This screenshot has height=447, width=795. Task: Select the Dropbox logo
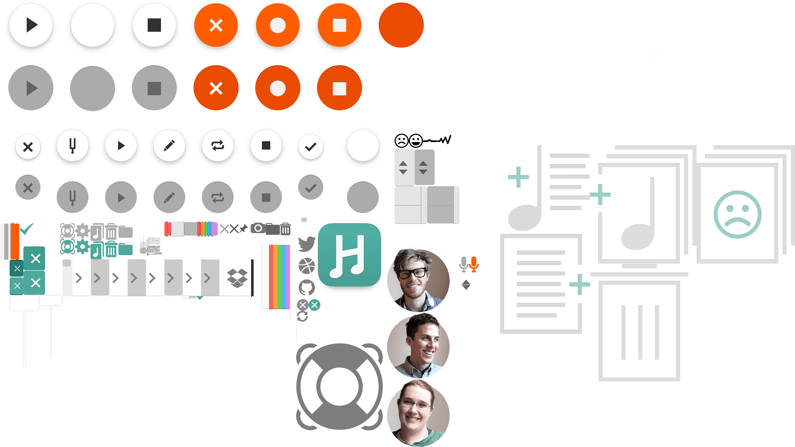click(237, 278)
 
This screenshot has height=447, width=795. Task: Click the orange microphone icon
click(474, 264)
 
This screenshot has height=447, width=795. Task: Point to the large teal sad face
click(737, 215)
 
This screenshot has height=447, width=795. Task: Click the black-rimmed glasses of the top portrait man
click(413, 274)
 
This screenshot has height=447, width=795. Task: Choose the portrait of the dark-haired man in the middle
click(418, 345)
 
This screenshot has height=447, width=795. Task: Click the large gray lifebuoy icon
click(340, 386)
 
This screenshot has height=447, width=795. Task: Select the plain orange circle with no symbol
click(401, 25)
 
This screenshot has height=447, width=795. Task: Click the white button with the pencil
click(169, 146)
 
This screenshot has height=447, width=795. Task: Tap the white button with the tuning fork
click(73, 146)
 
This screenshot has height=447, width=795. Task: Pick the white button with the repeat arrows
click(217, 146)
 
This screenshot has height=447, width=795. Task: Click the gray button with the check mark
click(311, 188)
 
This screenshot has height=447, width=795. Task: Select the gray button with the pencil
click(169, 197)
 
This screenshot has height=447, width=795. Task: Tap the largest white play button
click(31, 25)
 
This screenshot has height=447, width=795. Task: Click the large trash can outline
click(639, 330)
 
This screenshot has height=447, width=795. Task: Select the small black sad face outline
click(401, 141)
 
